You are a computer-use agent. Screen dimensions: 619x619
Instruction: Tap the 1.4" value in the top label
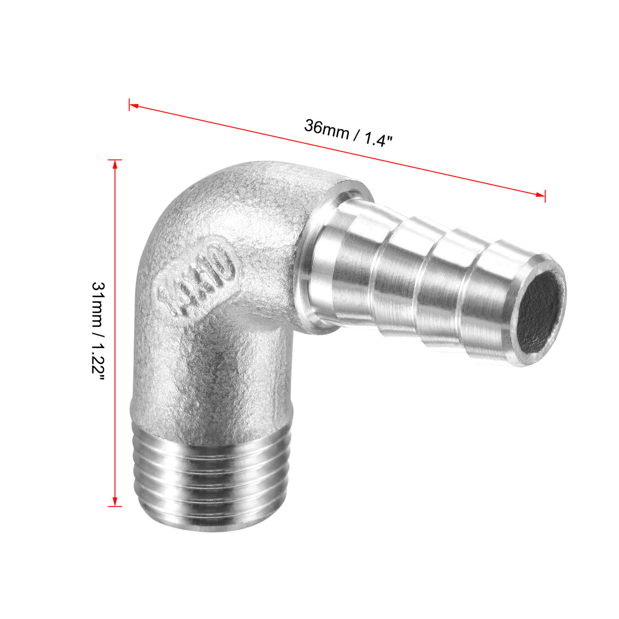(378, 140)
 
